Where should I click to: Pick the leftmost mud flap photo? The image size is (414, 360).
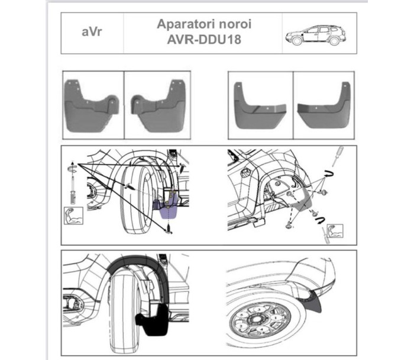coord(92,105)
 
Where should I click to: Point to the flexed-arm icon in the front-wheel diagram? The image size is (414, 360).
coord(74,215)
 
